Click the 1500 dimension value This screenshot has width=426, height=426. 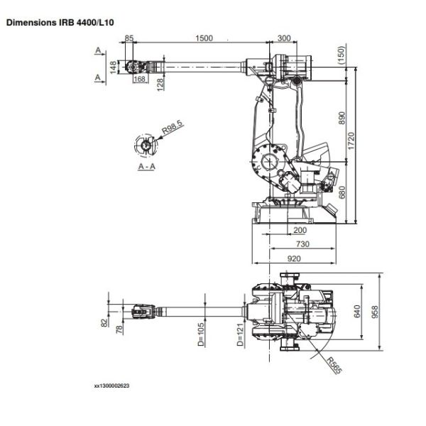pos(203,38)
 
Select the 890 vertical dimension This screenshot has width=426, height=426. pos(343,116)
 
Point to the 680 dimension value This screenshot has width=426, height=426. pos(343,192)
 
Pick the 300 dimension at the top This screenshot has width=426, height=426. pos(285,38)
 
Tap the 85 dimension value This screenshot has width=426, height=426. pos(129,38)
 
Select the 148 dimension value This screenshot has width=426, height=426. pos(114,66)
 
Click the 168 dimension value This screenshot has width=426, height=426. pos(140,79)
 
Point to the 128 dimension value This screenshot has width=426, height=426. pos(161,83)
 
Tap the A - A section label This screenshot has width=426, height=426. pos(147,166)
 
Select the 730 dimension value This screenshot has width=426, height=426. pos(302,244)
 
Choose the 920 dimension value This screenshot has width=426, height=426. pos(294,259)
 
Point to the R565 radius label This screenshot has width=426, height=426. pos(335,364)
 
